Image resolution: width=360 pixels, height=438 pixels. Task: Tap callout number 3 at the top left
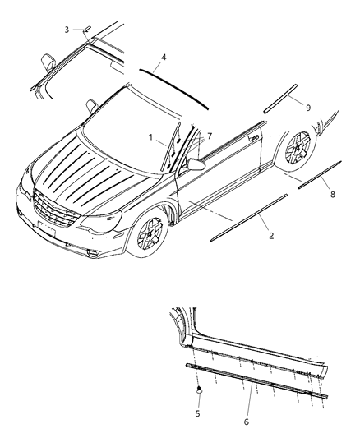click(67, 30)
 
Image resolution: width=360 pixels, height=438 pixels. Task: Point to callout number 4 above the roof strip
click(164, 58)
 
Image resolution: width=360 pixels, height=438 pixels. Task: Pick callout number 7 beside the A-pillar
click(210, 135)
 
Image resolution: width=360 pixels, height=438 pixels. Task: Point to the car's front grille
click(54, 210)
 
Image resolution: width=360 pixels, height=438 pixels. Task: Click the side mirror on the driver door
click(196, 164)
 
